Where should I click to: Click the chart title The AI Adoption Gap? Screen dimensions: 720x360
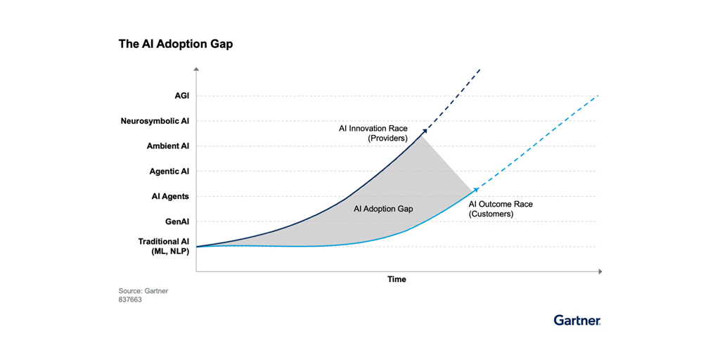(x=176, y=44)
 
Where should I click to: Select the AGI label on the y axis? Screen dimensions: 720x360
(x=182, y=96)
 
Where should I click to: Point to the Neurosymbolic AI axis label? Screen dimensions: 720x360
(x=155, y=121)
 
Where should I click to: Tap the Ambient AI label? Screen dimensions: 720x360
(x=168, y=146)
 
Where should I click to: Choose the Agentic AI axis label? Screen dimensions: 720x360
(x=169, y=172)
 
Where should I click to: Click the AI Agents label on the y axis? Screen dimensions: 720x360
(x=170, y=197)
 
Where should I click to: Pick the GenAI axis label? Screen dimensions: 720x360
(x=177, y=221)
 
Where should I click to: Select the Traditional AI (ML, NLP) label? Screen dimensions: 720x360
(x=164, y=246)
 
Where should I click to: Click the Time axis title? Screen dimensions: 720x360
(x=397, y=279)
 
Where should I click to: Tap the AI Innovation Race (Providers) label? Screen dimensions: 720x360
(x=373, y=132)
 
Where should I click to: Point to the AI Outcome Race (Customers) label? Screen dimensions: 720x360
(x=501, y=209)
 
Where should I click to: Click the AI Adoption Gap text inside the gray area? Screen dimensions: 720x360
(x=383, y=209)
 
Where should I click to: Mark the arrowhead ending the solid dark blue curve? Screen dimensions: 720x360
(x=425, y=132)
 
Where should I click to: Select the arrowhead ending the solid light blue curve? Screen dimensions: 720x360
(x=476, y=189)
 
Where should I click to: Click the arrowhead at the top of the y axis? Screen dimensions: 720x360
(x=196, y=70)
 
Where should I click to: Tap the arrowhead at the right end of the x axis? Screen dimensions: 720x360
(x=599, y=272)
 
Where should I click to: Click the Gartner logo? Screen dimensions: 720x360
(x=577, y=320)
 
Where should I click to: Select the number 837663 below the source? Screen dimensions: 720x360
(x=130, y=301)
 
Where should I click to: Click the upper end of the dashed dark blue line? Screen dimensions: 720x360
(x=480, y=69)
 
